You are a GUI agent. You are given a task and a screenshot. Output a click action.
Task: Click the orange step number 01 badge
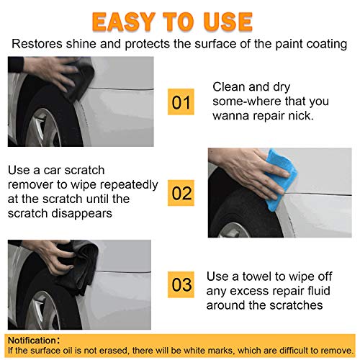[181, 103]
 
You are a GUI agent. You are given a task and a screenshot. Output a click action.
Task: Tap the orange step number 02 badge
[181, 194]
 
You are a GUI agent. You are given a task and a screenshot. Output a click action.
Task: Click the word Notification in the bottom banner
[32, 338]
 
